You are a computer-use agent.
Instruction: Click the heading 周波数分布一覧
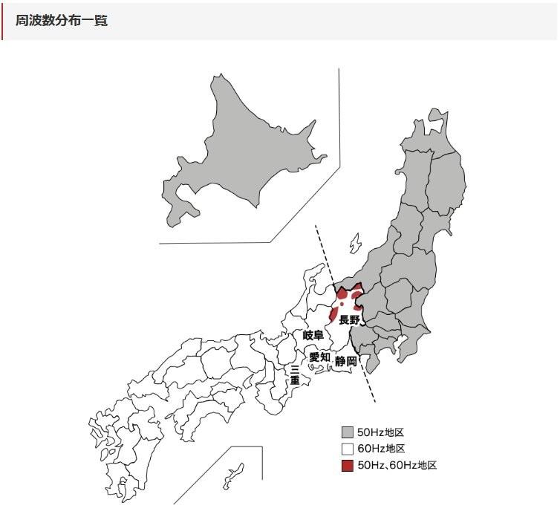[x=62, y=21]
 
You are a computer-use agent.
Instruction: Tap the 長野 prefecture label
[x=349, y=320]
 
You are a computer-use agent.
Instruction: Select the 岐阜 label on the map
[x=313, y=336]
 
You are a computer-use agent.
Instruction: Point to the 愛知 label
[x=320, y=357]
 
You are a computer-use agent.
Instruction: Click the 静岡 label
[x=345, y=361]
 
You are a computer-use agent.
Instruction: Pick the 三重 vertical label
[x=295, y=374]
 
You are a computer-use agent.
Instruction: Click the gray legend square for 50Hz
[x=347, y=432]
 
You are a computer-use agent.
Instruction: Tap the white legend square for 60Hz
[x=347, y=449]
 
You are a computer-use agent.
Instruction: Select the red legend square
[x=347, y=466]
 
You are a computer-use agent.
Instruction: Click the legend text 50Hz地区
[x=380, y=432]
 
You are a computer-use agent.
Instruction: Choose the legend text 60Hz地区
[x=380, y=449]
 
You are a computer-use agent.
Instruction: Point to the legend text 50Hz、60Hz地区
[x=397, y=466]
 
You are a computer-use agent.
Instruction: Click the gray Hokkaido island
[x=238, y=149]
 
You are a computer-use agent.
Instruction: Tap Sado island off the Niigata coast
[x=355, y=244]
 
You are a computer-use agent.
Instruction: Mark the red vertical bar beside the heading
[x=2, y=21]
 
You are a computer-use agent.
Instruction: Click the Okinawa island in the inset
[x=235, y=475]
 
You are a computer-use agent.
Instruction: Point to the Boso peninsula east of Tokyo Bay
[x=405, y=349]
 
